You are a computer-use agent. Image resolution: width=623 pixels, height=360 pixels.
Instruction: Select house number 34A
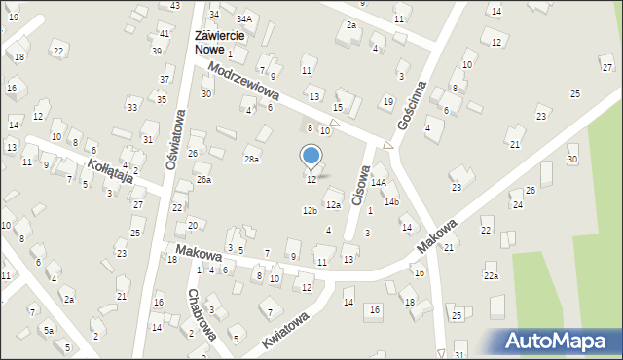(x=244, y=18)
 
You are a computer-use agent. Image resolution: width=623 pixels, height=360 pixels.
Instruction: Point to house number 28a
(x=251, y=159)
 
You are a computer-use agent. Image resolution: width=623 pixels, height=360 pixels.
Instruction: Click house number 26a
(x=202, y=180)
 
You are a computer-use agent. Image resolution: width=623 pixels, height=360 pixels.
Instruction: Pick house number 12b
(x=310, y=211)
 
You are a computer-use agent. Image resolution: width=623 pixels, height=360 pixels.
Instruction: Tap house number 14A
(x=378, y=182)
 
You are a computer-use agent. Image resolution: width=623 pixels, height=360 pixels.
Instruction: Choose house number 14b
(x=391, y=202)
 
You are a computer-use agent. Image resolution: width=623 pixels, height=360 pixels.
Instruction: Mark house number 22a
(x=491, y=277)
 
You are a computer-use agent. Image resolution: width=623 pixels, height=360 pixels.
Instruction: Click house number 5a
(x=47, y=331)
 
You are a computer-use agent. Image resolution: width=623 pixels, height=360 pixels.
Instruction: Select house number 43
(x=174, y=6)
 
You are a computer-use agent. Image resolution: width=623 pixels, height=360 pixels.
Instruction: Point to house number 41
(x=164, y=34)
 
